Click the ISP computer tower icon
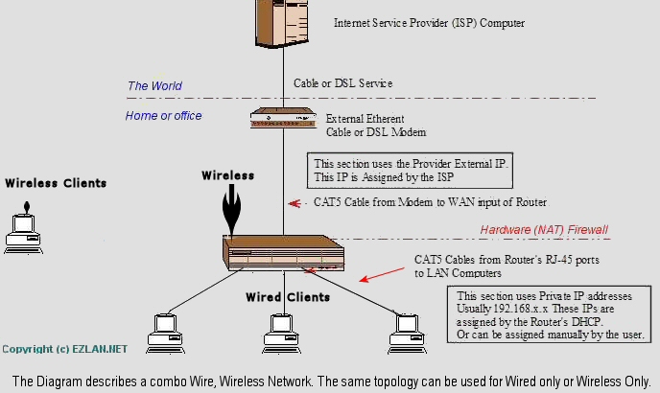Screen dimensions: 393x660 click(x=285, y=25)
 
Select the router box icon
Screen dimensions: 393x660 click(x=285, y=253)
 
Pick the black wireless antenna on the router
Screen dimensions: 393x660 click(x=230, y=211)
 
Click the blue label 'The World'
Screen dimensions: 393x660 click(x=154, y=86)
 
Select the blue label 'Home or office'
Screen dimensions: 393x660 click(x=163, y=116)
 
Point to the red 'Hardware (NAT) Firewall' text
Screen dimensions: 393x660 click(x=544, y=230)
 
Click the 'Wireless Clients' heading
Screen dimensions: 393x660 click(x=56, y=183)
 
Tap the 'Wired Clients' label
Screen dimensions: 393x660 click(x=288, y=297)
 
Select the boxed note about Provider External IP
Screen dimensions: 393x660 click(x=410, y=171)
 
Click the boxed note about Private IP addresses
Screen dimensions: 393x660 click(x=551, y=315)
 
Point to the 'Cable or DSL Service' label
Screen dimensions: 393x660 click(x=342, y=83)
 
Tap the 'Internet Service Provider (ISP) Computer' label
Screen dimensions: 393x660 click(x=429, y=22)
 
